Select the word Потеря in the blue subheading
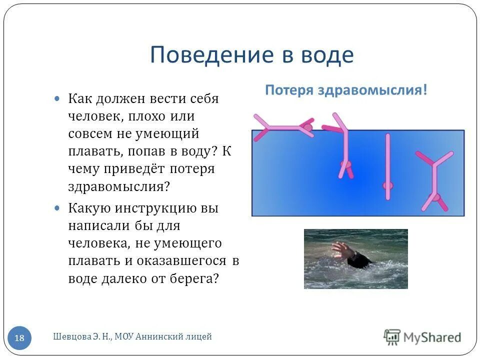click(286, 90)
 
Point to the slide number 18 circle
click(19, 338)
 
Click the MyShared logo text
click(432, 337)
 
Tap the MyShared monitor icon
click(392, 336)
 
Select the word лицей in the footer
click(199, 337)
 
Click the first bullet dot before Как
click(57, 98)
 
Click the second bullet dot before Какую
click(57, 207)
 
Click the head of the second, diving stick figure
click(345, 164)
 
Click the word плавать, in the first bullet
click(94, 151)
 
